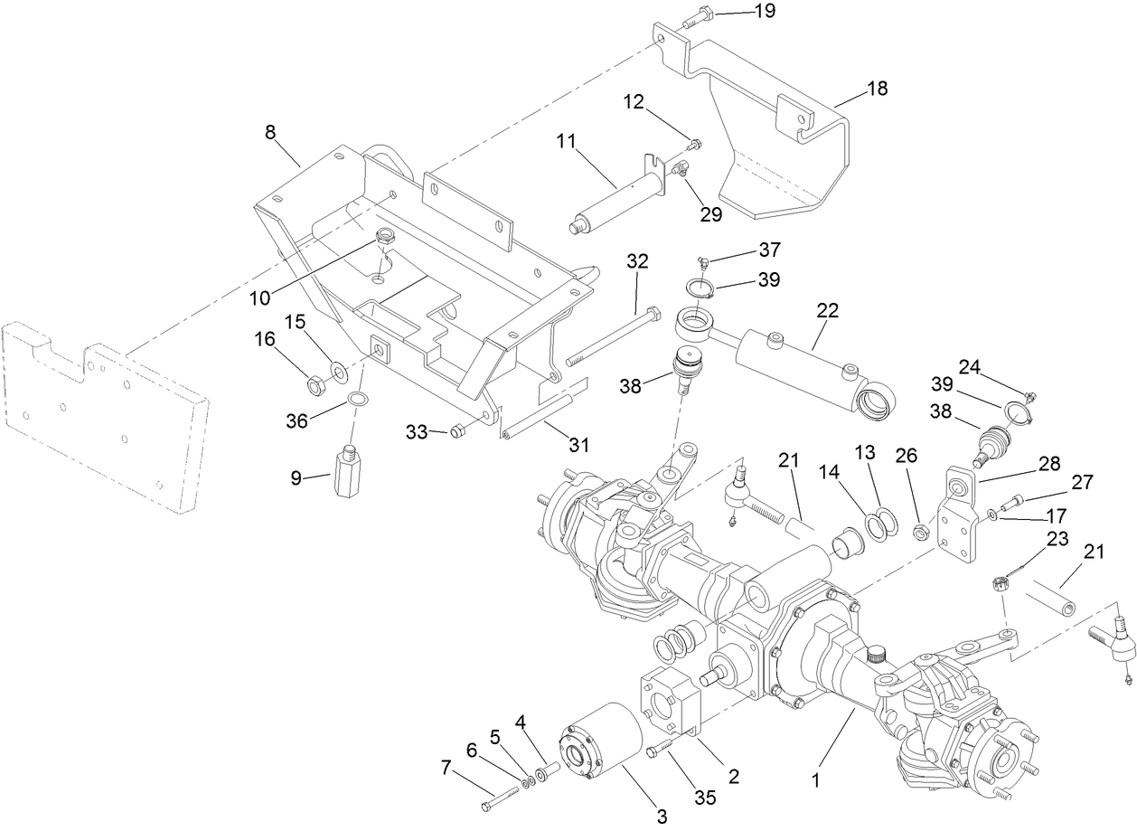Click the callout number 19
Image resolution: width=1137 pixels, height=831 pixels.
pos(765,11)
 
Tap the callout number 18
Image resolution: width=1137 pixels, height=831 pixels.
pos(876,89)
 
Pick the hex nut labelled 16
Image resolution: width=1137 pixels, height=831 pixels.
pos(316,387)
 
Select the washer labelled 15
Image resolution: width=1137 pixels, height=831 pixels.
pos(338,371)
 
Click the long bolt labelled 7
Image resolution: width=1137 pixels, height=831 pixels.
pos(503,796)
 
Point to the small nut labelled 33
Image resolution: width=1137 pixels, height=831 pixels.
pos(457,430)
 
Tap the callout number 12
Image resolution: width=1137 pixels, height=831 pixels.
pos(658,102)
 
